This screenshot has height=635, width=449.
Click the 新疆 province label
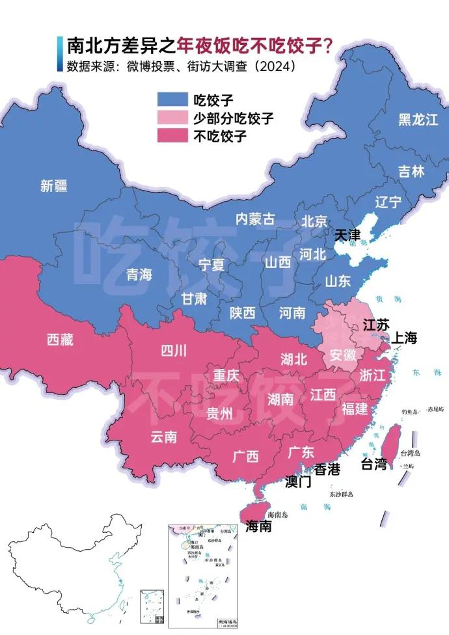54,186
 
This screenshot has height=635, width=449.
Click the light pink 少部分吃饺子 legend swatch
172,118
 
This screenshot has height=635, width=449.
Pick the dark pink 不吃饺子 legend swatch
172,136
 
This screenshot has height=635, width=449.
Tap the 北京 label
314,221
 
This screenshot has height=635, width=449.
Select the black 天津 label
347,235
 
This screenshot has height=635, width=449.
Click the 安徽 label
344,356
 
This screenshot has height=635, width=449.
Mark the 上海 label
403,338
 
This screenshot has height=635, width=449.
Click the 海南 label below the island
258,526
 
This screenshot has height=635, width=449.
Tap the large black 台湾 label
374,464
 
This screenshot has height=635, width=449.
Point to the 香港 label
327,469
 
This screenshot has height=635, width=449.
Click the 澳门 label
299,483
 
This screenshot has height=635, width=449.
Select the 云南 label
164,437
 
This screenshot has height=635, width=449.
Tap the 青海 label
139,275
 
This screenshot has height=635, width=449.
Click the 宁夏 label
211,265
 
